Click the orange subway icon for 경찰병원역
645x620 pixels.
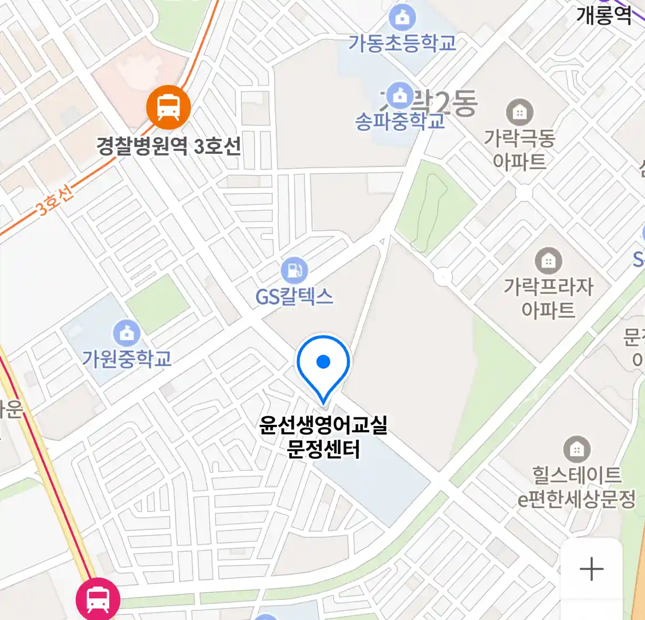(x=168, y=107)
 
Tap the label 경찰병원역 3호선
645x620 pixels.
(x=169, y=146)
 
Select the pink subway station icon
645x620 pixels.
(x=98, y=600)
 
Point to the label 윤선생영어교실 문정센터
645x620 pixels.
(x=323, y=436)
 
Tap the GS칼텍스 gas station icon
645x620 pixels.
(x=294, y=270)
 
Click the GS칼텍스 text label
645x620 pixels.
(x=294, y=296)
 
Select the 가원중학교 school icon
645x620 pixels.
(x=127, y=333)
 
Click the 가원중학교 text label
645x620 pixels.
(x=127, y=359)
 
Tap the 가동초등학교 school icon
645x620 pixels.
(x=402, y=18)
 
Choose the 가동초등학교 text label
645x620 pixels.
(x=402, y=43)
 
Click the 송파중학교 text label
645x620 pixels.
(x=400, y=122)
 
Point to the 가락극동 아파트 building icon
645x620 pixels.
(x=519, y=112)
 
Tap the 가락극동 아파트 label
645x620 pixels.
(x=519, y=149)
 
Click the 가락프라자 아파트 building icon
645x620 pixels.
(x=549, y=261)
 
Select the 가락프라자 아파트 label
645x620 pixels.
(x=549, y=298)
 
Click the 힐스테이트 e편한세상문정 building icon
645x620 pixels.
(x=577, y=449)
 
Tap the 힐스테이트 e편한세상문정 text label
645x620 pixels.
(x=577, y=487)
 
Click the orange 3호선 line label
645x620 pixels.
(x=55, y=201)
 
